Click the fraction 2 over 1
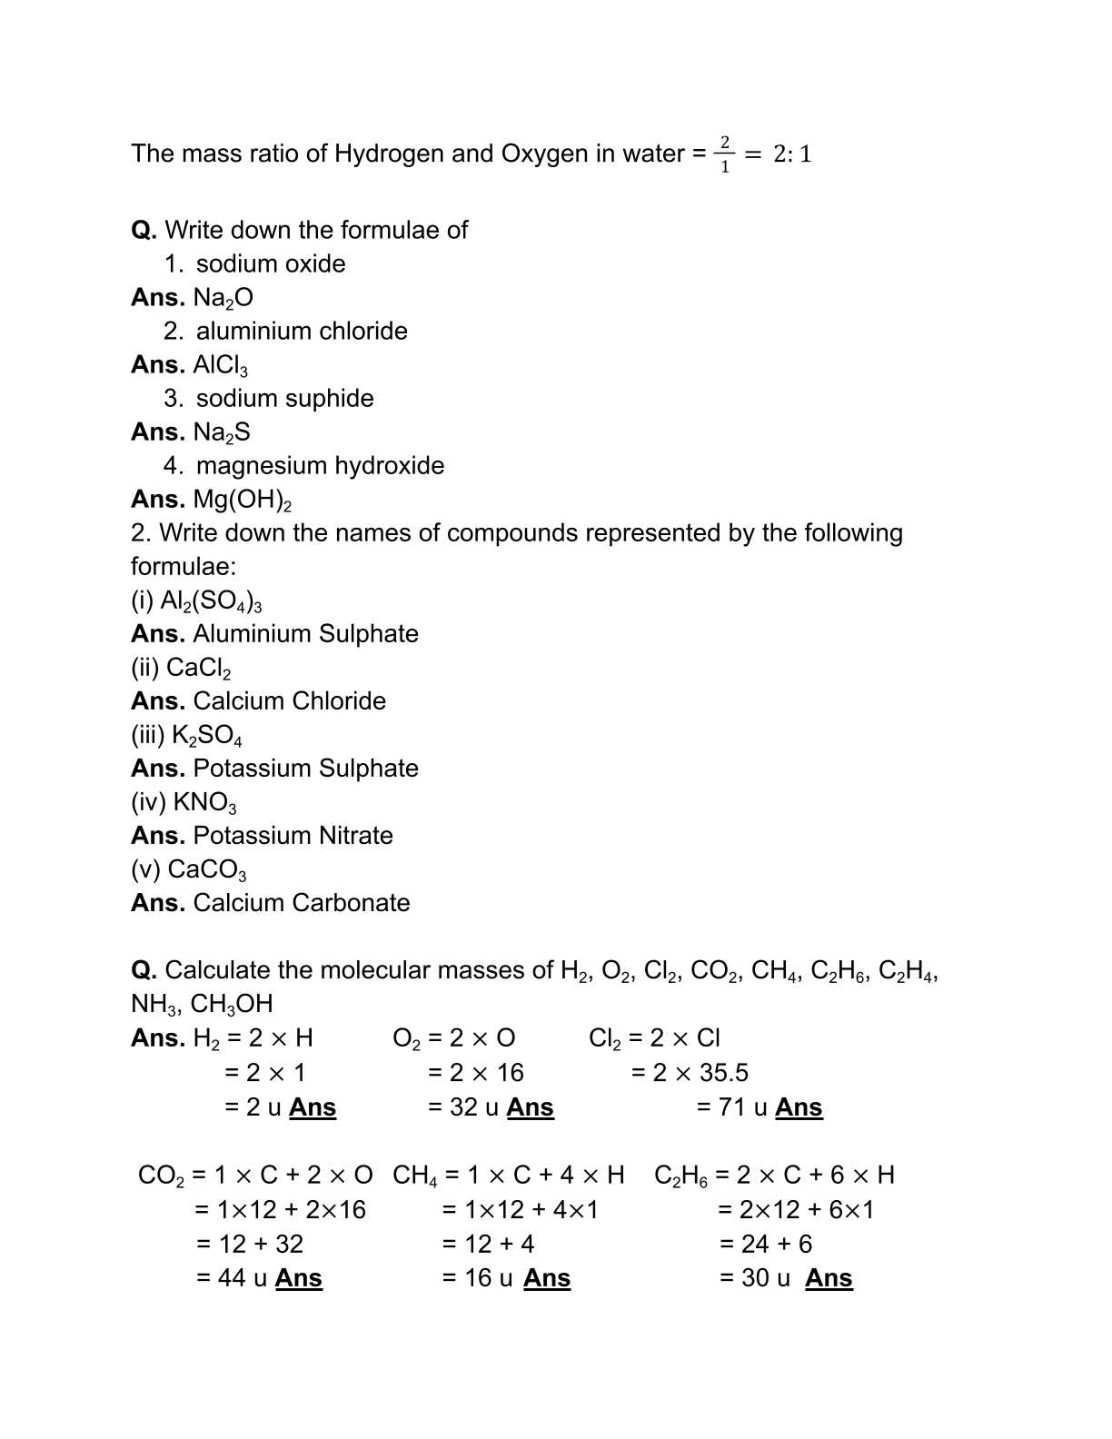[725, 154]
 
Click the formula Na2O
[223, 298]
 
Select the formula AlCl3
[221, 365]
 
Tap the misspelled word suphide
[331, 398]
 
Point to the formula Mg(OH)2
[243, 500]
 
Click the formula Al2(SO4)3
[212, 601]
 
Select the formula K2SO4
[207, 736]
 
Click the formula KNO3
[205, 803]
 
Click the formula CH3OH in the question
[232, 1004]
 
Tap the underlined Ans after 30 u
[829, 1278]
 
